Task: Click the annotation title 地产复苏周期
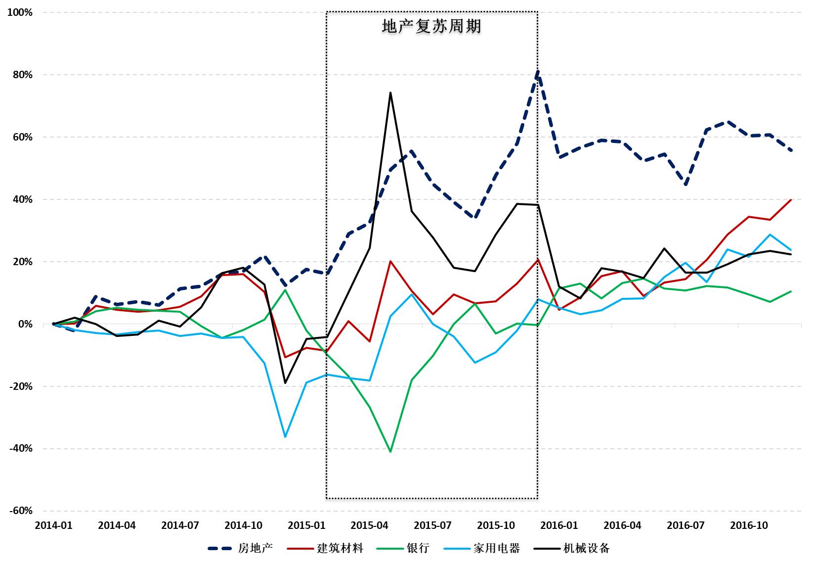[x=431, y=26]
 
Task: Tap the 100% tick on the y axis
[x=20, y=12]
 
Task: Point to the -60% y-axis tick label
[x=20, y=511]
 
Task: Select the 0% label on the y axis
[x=25, y=324]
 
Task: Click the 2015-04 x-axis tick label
[x=369, y=525]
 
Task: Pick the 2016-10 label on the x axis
[x=749, y=525]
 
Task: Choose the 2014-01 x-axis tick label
[x=53, y=525]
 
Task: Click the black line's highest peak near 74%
[x=390, y=93]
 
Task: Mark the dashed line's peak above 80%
[x=538, y=72]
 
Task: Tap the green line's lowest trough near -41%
[x=390, y=452]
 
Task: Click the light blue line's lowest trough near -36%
[x=285, y=437]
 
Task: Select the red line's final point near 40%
[x=791, y=200]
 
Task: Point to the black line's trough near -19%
[x=285, y=383]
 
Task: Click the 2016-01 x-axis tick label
[x=559, y=525]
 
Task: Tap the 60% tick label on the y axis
[x=22, y=137]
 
